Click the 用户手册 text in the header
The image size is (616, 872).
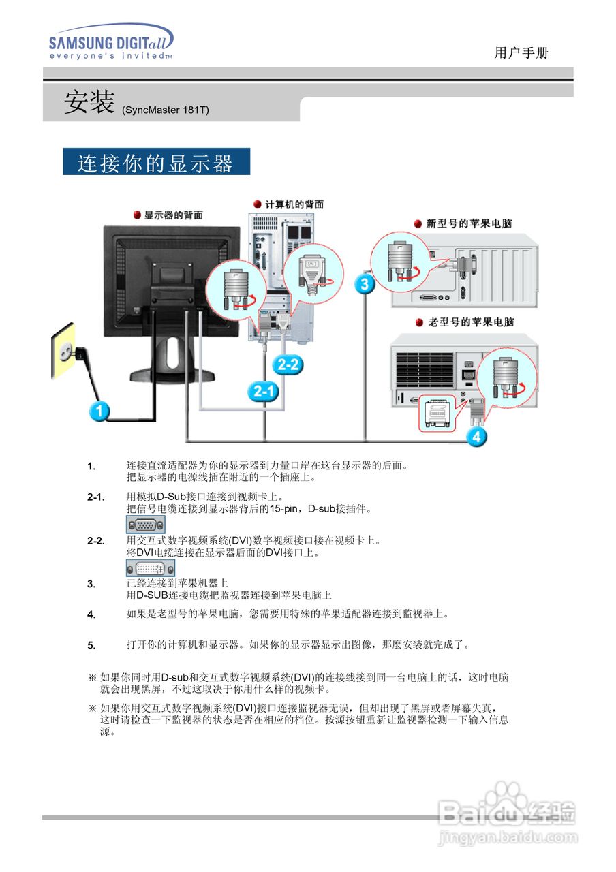click(521, 53)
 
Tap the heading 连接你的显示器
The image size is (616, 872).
click(156, 162)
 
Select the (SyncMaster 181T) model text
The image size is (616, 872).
click(165, 110)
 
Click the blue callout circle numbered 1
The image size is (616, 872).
click(100, 411)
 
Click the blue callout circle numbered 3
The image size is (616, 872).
click(365, 283)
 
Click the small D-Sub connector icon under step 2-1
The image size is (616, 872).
click(145, 525)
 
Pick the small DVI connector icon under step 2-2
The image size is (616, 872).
click(151, 567)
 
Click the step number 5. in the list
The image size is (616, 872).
click(91, 645)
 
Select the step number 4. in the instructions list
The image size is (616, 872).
click(91, 614)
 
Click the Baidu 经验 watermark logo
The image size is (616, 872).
click(508, 817)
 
